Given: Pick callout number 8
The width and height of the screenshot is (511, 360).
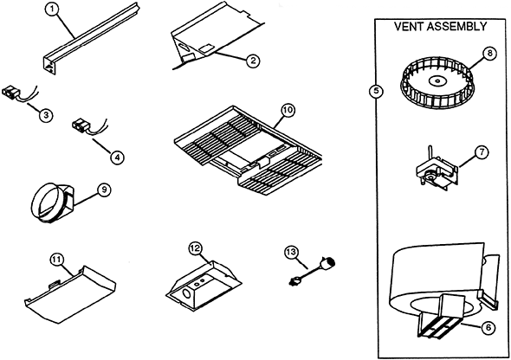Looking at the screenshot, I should point(490,53).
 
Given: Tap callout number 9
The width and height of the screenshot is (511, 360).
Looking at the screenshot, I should point(104,190).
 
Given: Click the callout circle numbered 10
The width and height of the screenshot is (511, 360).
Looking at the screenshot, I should point(288,111).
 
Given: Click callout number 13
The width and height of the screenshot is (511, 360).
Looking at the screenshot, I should point(292,252).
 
